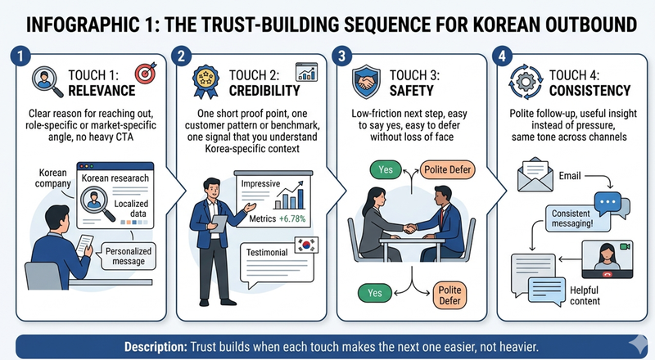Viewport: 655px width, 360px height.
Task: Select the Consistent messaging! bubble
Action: pyautogui.click(x=568, y=217)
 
